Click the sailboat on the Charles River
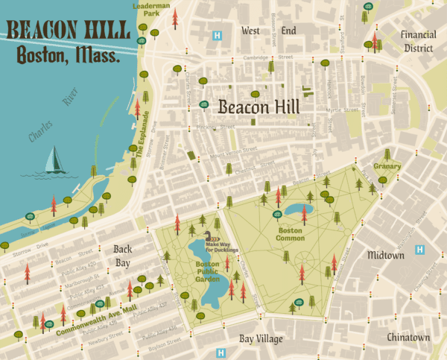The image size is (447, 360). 54,160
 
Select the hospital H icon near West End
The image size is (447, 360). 218,35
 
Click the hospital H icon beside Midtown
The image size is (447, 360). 420,250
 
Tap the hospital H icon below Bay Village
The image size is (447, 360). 221,353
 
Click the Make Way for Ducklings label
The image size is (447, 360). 222,246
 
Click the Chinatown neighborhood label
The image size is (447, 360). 408,338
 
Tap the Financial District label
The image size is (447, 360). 417,41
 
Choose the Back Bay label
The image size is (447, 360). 123,256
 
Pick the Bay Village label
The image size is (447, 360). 261,340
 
